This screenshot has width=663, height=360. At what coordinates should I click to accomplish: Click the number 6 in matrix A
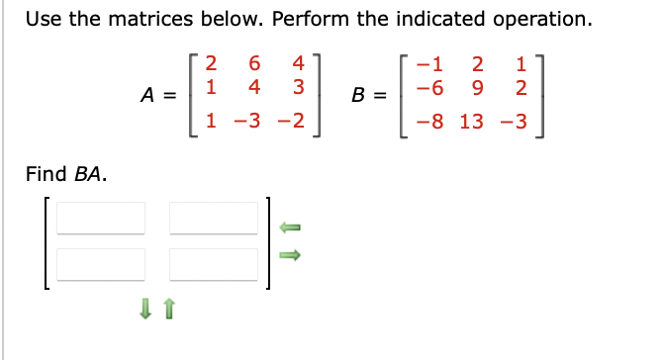tap(254, 65)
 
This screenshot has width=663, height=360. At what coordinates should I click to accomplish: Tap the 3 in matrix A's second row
tap(296, 86)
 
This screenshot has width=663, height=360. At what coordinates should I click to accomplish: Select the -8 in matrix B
tap(428, 122)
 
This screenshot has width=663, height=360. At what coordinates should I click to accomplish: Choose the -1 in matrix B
tap(428, 65)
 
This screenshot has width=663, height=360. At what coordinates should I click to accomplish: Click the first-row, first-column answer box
tap(101, 219)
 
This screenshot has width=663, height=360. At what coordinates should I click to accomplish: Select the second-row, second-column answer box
tap(214, 264)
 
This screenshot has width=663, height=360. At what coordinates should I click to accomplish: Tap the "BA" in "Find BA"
tap(90, 175)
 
